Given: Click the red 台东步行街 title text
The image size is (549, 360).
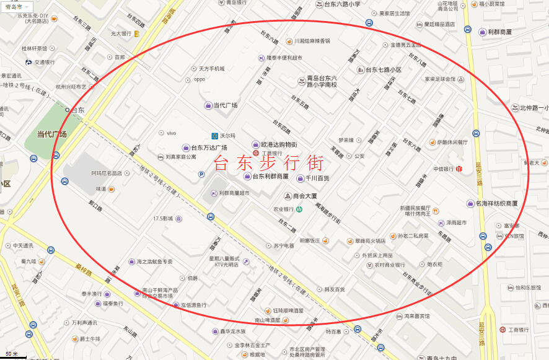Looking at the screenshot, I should coord(268,164).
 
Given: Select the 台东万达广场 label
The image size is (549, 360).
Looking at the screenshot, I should coord(208,147).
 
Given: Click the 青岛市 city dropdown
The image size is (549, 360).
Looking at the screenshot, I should coord(13,6).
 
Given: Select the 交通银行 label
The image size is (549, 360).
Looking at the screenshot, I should coord(44,62).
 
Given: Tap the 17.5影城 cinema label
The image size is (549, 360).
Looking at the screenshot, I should coord(164,219).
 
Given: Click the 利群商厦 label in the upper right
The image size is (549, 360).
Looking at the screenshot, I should coord(499,32).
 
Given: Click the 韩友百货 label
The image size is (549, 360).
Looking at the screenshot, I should coord(335,289).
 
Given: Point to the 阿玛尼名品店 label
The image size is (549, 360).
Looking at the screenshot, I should coord(106,173).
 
